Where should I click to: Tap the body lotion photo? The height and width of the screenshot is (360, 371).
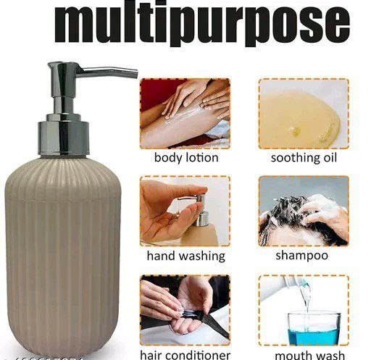click(185, 113)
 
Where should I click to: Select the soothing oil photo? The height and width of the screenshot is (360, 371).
click(304, 113)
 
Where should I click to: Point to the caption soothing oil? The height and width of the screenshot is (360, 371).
click(304, 157)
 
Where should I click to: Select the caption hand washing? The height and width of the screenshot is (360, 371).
click(185, 256)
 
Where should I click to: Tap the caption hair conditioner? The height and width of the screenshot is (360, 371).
click(185, 354)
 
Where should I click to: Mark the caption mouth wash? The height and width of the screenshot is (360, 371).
click(304, 354)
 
